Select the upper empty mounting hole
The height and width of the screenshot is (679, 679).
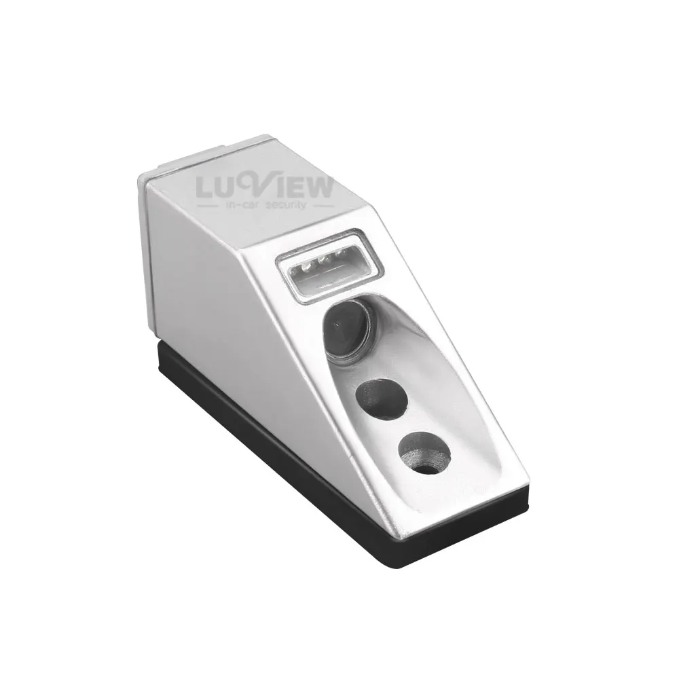pos(381,399)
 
